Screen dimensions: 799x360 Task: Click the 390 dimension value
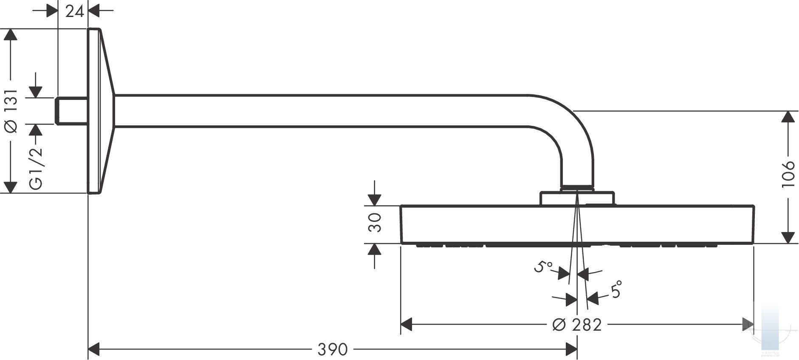333,349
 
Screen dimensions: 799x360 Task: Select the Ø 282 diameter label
577,325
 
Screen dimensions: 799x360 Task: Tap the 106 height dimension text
788,173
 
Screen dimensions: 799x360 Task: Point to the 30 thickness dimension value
374,223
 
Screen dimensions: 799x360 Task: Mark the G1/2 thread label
36,168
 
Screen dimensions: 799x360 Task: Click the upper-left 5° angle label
543,267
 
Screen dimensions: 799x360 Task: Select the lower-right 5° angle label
616,290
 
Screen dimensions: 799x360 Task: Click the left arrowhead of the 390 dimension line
93,349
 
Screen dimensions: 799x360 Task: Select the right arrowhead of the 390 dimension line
571,349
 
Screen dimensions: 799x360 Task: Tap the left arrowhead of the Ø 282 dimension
407,325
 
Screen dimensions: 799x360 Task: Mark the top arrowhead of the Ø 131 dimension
11,35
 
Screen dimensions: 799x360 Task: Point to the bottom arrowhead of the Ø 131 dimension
11,187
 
